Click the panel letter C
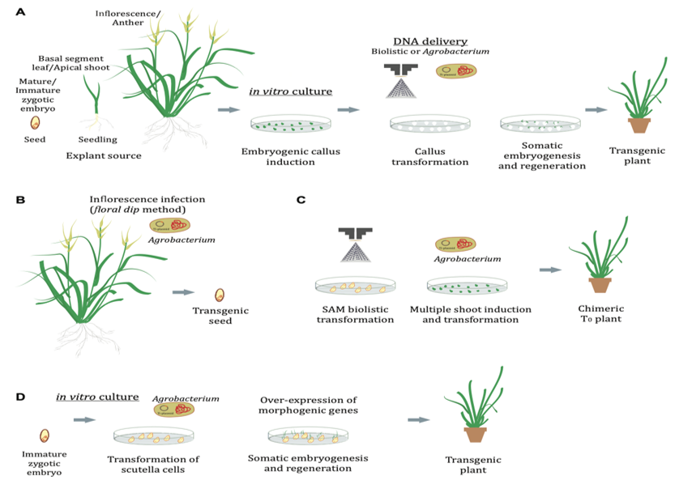pyautogui.click(x=301, y=199)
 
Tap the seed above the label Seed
pyautogui.click(x=36, y=123)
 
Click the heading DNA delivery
pyautogui.click(x=430, y=41)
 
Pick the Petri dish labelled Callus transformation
pyautogui.click(x=429, y=124)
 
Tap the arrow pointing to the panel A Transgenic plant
pyautogui.click(x=596, y=109)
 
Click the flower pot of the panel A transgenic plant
pyautogui.click(x=640, y=125)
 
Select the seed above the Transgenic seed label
pyautogui.click(x=219, y=296)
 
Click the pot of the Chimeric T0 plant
pyautogui.click(x=600, y=284)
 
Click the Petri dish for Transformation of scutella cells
pyautogui.click(x=154, y=438)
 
